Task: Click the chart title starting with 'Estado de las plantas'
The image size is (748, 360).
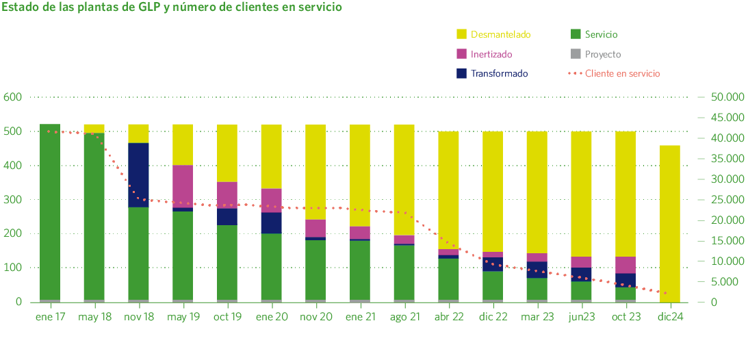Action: pyautogui.click(x=172, y=8)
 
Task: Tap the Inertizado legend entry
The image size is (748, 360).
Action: pyautogui.click(x=483, y=54)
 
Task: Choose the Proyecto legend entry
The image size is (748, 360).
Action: pyautogui.click(x=595, y=54)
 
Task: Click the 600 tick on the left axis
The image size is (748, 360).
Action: pyautogui.click(x=13, y=97)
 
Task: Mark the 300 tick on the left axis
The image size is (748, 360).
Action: pyautogui.click(x=13, y=200)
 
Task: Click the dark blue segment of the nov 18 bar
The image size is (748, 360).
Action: pyautogui.click(x=138, y=175)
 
